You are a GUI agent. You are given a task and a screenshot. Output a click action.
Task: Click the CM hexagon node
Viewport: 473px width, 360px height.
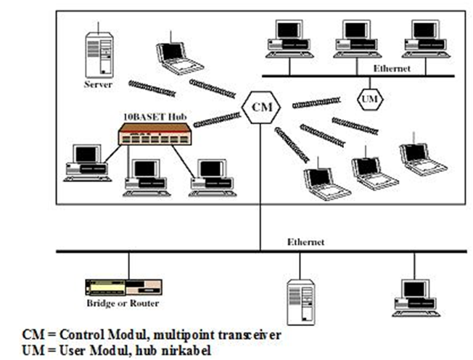[261, 107]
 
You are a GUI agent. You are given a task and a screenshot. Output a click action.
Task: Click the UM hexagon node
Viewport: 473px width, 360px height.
[370, 99]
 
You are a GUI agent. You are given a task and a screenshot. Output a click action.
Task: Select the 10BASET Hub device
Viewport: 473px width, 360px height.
[155, 134]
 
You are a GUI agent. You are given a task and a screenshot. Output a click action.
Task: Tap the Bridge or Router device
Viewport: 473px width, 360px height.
[123, 287]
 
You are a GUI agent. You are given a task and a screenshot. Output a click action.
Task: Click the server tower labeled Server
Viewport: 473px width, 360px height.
[99, 55]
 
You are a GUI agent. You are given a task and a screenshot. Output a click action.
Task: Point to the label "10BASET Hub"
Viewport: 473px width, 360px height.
[155, 117]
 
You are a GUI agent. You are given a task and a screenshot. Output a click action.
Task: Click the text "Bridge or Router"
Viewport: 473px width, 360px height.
[123, 303]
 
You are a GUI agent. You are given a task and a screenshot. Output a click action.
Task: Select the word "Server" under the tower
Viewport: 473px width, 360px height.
[98, 84]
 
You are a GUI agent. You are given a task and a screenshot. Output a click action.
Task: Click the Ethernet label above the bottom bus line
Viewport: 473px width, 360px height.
[305, 242]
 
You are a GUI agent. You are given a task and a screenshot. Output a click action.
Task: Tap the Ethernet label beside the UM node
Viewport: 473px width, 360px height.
[392, 68]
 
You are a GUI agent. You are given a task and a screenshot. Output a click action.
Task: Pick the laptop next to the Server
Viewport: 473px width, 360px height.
[179, 58]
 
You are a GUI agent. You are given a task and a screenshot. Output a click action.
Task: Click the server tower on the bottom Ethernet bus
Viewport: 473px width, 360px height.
[301, 302]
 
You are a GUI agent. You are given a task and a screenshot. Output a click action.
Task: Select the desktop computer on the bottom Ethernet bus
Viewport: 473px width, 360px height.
[416, 298]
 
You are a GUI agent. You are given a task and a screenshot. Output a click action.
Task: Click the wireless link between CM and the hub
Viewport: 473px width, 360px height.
[217, 120]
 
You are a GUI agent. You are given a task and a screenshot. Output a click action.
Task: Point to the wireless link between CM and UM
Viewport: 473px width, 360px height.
[316, 102]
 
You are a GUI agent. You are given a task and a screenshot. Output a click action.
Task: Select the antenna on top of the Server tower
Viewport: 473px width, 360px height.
[98, 27]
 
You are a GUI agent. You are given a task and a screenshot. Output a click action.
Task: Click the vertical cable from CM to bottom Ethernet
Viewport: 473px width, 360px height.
[260, 187]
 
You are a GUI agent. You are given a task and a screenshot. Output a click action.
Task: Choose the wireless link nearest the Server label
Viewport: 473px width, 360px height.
[152, 89]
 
